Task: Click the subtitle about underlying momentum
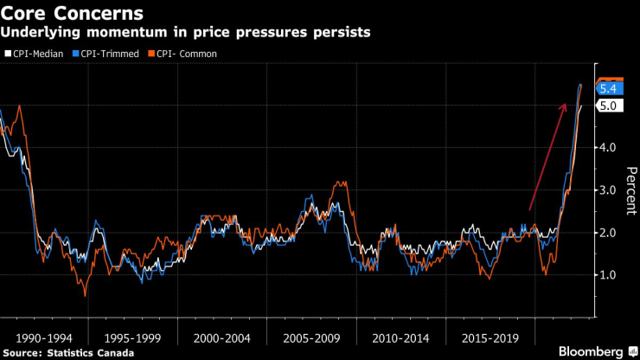click(186, 33)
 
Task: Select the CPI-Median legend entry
click(33, 54)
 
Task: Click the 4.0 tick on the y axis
click(607, 148)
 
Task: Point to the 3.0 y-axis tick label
click(607, 190)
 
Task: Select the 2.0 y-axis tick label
click(607, 233)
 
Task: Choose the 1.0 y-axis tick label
click(607, 275)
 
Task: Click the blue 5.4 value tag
click(608, 88)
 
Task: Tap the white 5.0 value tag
click(608, 106)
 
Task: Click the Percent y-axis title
click(629, 190)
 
